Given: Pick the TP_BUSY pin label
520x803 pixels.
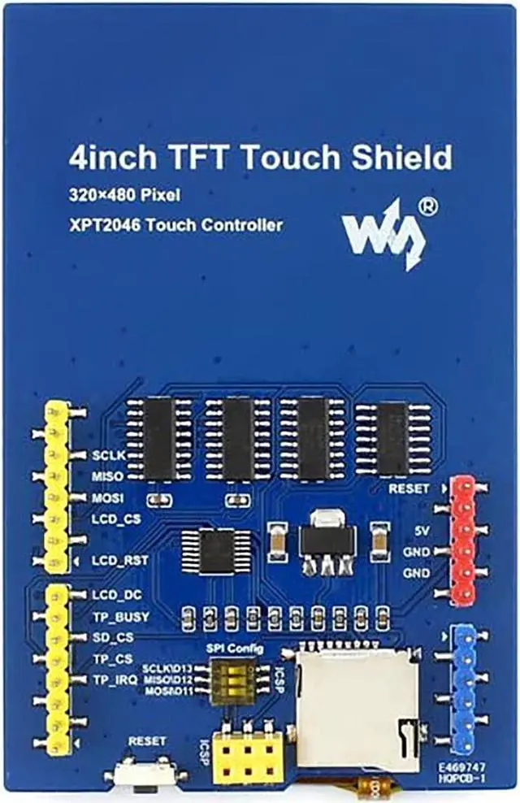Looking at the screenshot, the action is tap(120, 616).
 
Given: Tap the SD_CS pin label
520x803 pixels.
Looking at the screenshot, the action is tap(112, 636).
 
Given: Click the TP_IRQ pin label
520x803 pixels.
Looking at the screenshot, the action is tap(115, 679).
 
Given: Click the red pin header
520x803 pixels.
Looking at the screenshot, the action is tap(462, 540).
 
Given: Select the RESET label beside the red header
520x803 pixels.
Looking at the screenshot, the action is tap(409, 488).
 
